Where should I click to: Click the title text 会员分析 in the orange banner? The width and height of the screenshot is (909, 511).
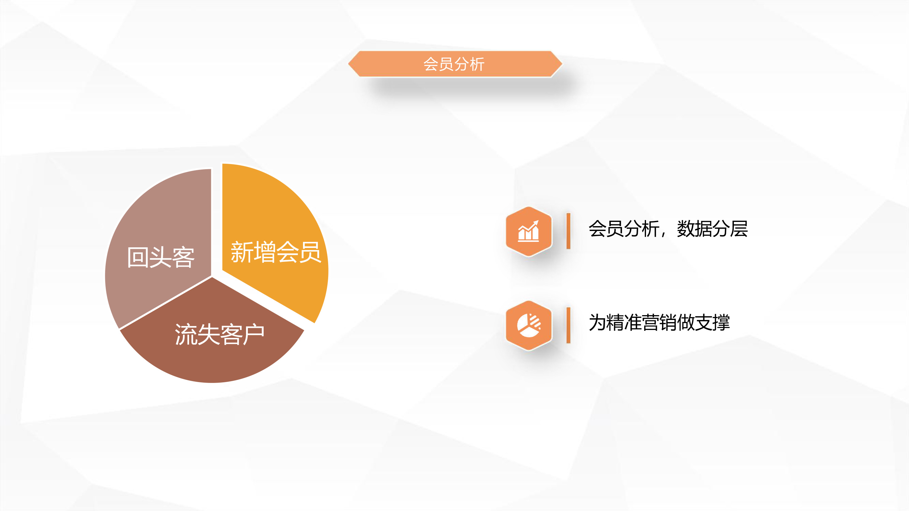coord(454,64)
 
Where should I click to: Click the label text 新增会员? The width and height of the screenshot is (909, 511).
coord(276,252)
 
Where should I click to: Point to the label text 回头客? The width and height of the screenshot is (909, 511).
coord(161,257)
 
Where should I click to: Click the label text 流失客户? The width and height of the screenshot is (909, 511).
coord(219,334)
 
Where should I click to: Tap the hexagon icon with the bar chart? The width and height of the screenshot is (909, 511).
coord(529,231)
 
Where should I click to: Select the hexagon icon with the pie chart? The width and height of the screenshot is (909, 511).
coord(529,325)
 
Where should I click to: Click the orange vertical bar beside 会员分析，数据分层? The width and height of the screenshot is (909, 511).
coord(568,231)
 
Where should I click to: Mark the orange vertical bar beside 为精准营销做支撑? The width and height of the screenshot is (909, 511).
coord(568,325)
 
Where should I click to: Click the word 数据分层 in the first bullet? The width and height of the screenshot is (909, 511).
coord(712,229)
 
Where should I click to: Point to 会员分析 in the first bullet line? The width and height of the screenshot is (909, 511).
coord(624,229)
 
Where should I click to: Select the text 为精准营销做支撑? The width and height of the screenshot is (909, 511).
coord(659,322)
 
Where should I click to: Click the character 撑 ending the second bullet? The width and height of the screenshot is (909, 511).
coord(721,322)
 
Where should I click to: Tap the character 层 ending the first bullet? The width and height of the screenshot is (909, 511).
coord(739,229)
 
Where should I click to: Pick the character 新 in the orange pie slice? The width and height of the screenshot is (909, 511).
coord(242,252)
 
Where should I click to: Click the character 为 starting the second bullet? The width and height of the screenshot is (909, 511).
coord(598,322)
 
